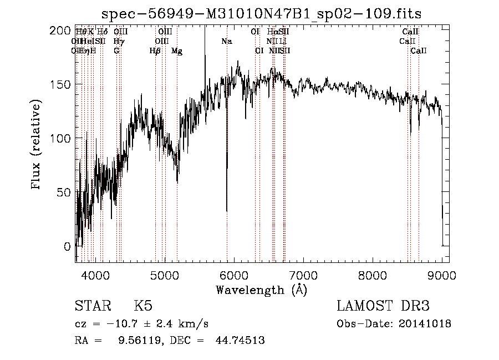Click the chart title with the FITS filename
coord(266,13)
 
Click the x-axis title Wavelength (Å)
coord(261,290)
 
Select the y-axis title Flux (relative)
coord(38,146)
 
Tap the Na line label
coord(227,42)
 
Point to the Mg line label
coord(177,51)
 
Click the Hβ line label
coord(155,51)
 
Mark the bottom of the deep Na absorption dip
coord(227,211)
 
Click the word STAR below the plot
coord(91,306)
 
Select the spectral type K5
coord(143,306)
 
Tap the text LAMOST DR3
coord(383,306)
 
